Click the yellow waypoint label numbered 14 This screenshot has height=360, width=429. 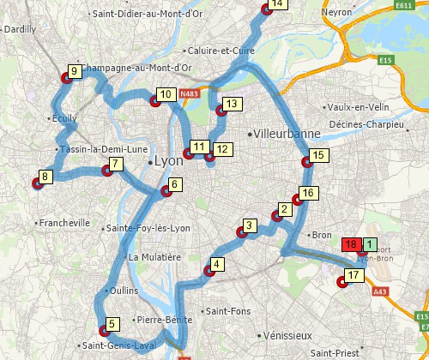275,4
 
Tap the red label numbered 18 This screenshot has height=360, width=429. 350,244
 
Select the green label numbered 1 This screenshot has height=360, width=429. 369,243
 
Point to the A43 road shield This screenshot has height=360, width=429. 381,291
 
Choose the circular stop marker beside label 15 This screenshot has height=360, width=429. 305,163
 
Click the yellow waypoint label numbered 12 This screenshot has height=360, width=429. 221,149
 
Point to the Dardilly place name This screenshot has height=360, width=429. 20,29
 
